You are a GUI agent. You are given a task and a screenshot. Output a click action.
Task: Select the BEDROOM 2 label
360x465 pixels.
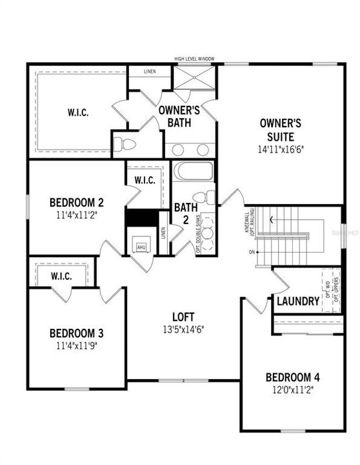(77, 203)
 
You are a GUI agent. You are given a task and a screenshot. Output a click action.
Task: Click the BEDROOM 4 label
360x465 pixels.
(292, 377)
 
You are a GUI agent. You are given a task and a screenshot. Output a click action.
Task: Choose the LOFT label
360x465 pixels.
(183, 316)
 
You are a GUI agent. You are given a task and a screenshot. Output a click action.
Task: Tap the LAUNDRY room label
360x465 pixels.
(297, 301)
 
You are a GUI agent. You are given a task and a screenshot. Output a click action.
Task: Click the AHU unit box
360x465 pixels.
(140, 246)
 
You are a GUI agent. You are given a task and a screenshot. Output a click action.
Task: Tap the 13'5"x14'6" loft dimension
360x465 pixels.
(183, 329)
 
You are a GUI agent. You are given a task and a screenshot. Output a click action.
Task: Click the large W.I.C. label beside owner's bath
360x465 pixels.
(77, 112)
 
